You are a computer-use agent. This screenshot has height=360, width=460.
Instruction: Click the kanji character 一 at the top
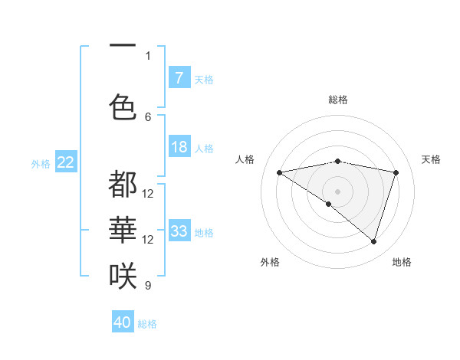123,47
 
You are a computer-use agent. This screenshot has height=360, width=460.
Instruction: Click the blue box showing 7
179,77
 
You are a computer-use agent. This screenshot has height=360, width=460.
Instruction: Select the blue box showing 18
179,147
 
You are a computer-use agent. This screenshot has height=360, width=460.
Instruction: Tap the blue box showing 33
179,231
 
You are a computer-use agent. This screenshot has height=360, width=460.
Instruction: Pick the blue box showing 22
66,162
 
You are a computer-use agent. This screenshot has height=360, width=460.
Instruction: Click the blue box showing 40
123,322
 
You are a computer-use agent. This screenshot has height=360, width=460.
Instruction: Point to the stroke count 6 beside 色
148,116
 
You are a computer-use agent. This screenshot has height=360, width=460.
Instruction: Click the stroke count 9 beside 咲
148,286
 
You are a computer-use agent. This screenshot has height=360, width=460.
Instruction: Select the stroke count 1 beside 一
148,55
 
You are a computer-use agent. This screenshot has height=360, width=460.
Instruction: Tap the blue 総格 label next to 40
147,324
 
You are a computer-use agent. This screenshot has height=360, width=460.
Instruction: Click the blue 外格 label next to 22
41,163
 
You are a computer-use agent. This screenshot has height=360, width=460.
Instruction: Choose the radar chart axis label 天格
431,159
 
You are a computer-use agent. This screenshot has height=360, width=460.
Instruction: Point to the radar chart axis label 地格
402,262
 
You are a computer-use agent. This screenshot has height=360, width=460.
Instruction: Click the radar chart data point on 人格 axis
279,172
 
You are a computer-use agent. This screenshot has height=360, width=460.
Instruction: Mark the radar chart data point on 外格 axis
329,204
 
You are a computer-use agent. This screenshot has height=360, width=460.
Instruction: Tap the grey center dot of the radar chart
337,191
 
